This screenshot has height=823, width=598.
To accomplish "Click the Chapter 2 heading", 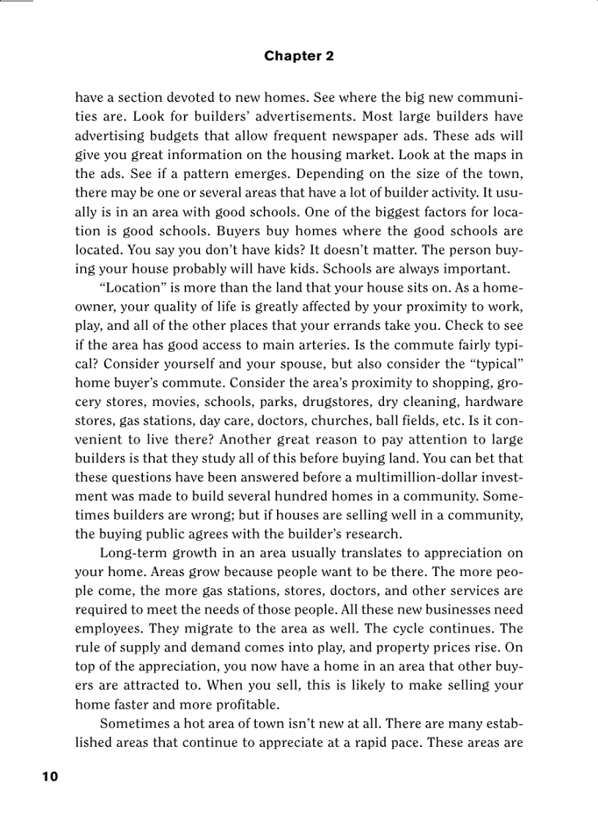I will click(x=299, y=56).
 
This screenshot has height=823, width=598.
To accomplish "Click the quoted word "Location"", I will click(x=129, y=288).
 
